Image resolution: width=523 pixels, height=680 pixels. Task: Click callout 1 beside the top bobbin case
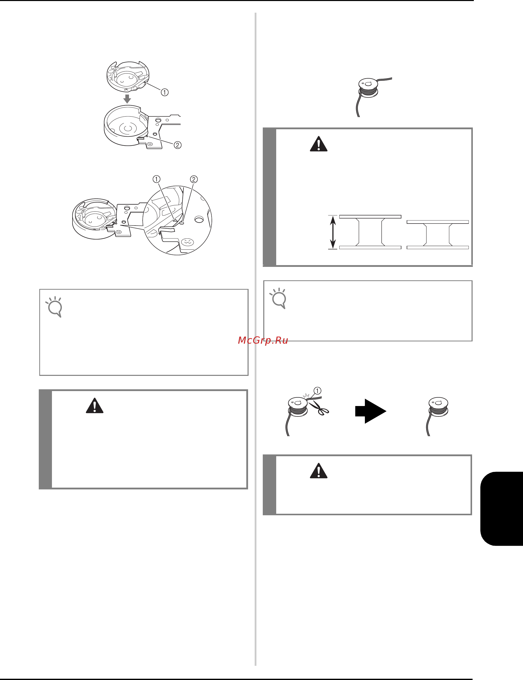click(x=165, y=92)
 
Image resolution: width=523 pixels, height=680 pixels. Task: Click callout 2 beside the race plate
click(x=177, y=145)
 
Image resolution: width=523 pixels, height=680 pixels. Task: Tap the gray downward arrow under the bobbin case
click(x=127, y=99)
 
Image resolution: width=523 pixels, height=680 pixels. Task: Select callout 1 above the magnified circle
click(x=156, y=179)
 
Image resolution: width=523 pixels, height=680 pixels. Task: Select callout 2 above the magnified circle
click(x=194, y=179)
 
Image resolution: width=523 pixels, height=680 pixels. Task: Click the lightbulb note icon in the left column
click(x=54, y=307)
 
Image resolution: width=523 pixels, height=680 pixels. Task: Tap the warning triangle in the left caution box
click(x=95, y=406)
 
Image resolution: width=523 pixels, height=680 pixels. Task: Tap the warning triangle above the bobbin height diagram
click(x=319, y=144)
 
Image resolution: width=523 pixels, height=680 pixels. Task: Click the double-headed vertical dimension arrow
click(x=333, y=232)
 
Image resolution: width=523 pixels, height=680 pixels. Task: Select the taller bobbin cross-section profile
click(x=370, y=232)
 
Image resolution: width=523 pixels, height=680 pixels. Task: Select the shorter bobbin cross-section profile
click(x=438, y=235)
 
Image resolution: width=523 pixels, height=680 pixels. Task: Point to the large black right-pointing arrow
click(x=371, y=411)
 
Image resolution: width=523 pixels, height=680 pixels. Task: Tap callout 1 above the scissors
click(x=317, y=391)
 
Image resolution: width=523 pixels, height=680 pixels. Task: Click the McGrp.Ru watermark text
click(x=263, y=340)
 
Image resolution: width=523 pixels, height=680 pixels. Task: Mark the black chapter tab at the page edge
click(x=501, y=509)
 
